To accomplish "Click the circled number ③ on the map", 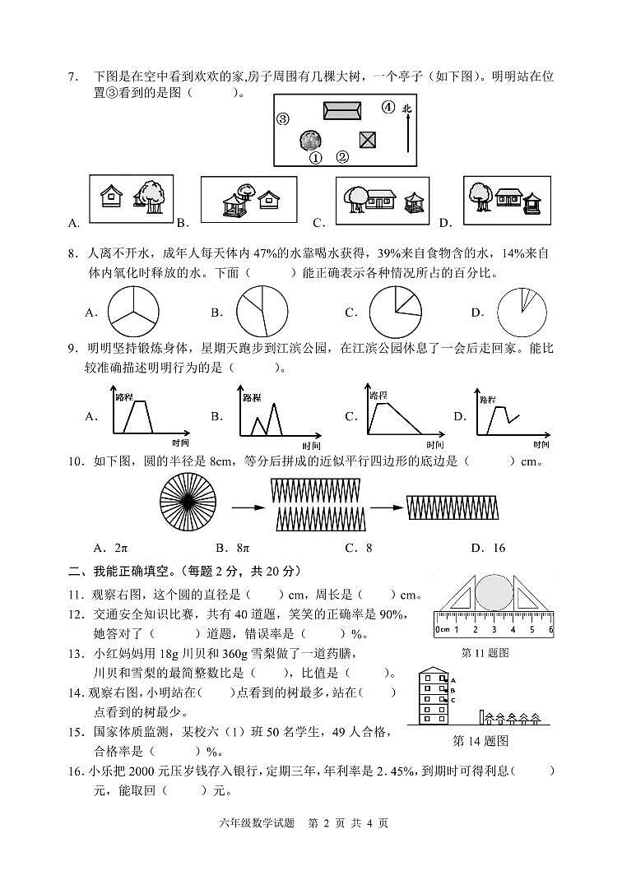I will point(283,118).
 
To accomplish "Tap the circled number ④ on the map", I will point(388,107).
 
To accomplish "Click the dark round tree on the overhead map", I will point(311,140).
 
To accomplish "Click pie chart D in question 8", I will point(522,313).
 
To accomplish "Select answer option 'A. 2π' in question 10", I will point(111,548).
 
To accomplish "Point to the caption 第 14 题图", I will point(480,740).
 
